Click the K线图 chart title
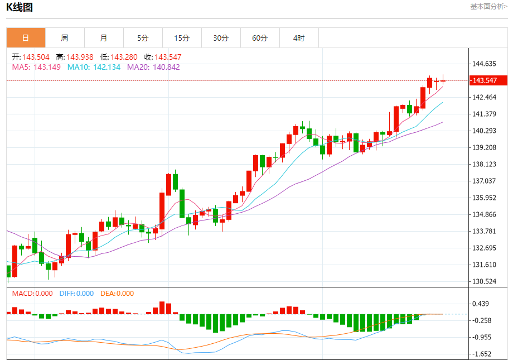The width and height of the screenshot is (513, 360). pyautogui.click(x=20, y=7)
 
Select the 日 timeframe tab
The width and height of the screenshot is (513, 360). pyautogui.click(x=26, y=38)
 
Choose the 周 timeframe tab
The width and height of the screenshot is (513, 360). pyautogui.click(x=65, y=38)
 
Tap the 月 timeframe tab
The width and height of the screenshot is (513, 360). pyautogui.click(x=104, y=38)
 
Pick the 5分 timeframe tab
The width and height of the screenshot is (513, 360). pyautogui.click(x=143, y=38)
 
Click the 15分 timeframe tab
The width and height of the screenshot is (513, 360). pyautogui.click(x=182, y=38)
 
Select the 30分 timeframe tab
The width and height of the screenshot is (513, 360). pyautogui.click(x=221, y=38)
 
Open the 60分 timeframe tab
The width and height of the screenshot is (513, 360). pyautogui.click(x=260, y=38)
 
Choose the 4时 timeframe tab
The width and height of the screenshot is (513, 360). pyautogui.click(x=299, y=38)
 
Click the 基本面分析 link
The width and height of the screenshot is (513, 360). pyautogui.click(x=488, y=7)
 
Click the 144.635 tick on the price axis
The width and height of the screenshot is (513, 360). pyautogui.click(x=485, y=64)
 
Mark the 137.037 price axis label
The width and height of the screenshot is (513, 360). pyautogui.click(x=485, y=181)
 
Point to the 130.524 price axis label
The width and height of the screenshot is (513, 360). pyautogui.click(x=485, y=281)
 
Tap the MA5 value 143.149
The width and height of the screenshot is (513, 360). pyautogui.click(x=47, y=67)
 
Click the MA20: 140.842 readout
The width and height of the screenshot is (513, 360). pyautogui.click(x=153, y=67)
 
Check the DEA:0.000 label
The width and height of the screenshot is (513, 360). pyautogui.click(x=117, y=293)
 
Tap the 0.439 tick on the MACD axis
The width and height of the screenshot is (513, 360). pyautogui.click(x=481, y=304)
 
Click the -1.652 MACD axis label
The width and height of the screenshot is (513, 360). pyautogui.click(x=482, y=354)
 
